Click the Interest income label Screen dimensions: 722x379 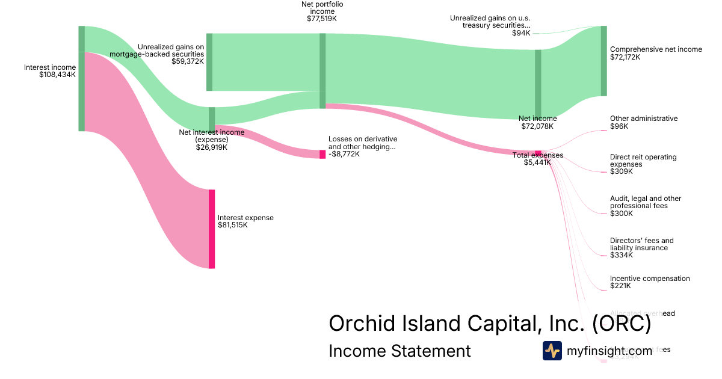coord(50,67)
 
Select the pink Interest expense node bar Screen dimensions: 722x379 coord(212,229)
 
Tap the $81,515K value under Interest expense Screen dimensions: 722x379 coord(232,225)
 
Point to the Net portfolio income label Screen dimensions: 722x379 coord(322,8)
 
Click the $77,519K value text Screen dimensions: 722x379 coord(322,19)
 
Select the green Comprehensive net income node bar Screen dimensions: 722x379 coord(603,61)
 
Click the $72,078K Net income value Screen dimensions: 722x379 coord(537,126)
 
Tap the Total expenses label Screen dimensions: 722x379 coord(538,155)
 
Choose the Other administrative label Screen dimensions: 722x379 coord(644,119)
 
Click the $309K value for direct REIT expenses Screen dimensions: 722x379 coord(622,171)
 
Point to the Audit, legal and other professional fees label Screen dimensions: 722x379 coord(646,202)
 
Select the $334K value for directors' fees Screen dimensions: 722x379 coord(622,255)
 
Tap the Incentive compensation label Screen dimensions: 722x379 coord(650,279)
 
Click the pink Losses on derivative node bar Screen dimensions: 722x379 coord(322,154)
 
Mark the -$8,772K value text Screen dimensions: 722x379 coord(344,154)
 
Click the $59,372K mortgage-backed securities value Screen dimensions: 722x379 coord(188,61)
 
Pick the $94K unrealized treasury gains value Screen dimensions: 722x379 coord(521,32)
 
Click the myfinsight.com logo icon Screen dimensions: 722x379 coord(552,351)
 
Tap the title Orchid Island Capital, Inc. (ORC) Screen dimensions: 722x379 coord(490,324)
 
